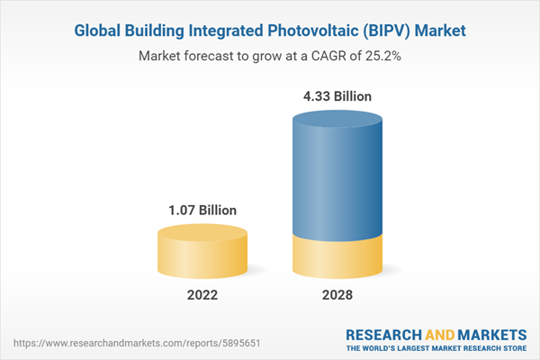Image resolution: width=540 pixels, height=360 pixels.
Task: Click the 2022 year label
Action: (x=202, y=294)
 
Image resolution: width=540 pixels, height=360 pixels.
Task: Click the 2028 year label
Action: (x=339, y=294)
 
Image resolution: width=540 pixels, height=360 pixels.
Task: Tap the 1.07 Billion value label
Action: (x=202, y=210)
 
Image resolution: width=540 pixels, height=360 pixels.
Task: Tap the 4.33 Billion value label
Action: (x=339, y=95)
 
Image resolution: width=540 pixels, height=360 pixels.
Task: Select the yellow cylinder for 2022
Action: (x=202, y=251)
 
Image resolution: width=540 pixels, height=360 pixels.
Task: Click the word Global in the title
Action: (x=97, y=31)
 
